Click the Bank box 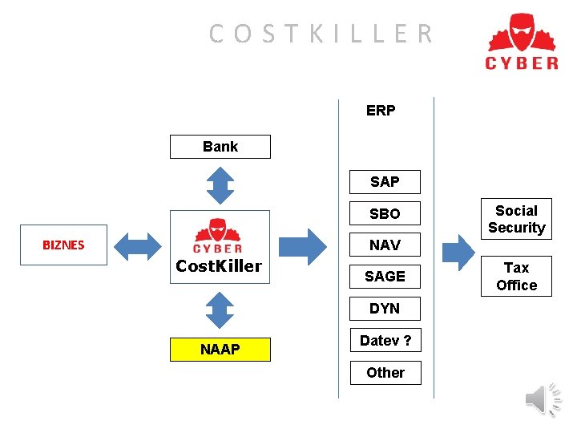tap(220, 147)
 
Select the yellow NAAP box tap(220, 350)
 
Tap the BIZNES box tap(63, 245)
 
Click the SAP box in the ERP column tap(385, 182)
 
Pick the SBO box tap(385, 214)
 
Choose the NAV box tap(385, 245)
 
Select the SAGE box tap(385, 277)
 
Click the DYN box tap(385, 309)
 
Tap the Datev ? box tap(385, 341)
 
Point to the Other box tap(385, 373)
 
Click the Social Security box tap(516, 219)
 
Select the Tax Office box tap(516, 277)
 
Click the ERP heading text tap(381, 111)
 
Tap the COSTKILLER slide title tap(321, 34)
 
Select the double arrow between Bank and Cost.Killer tap(220, 184)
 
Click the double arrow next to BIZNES tap(139, 245)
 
